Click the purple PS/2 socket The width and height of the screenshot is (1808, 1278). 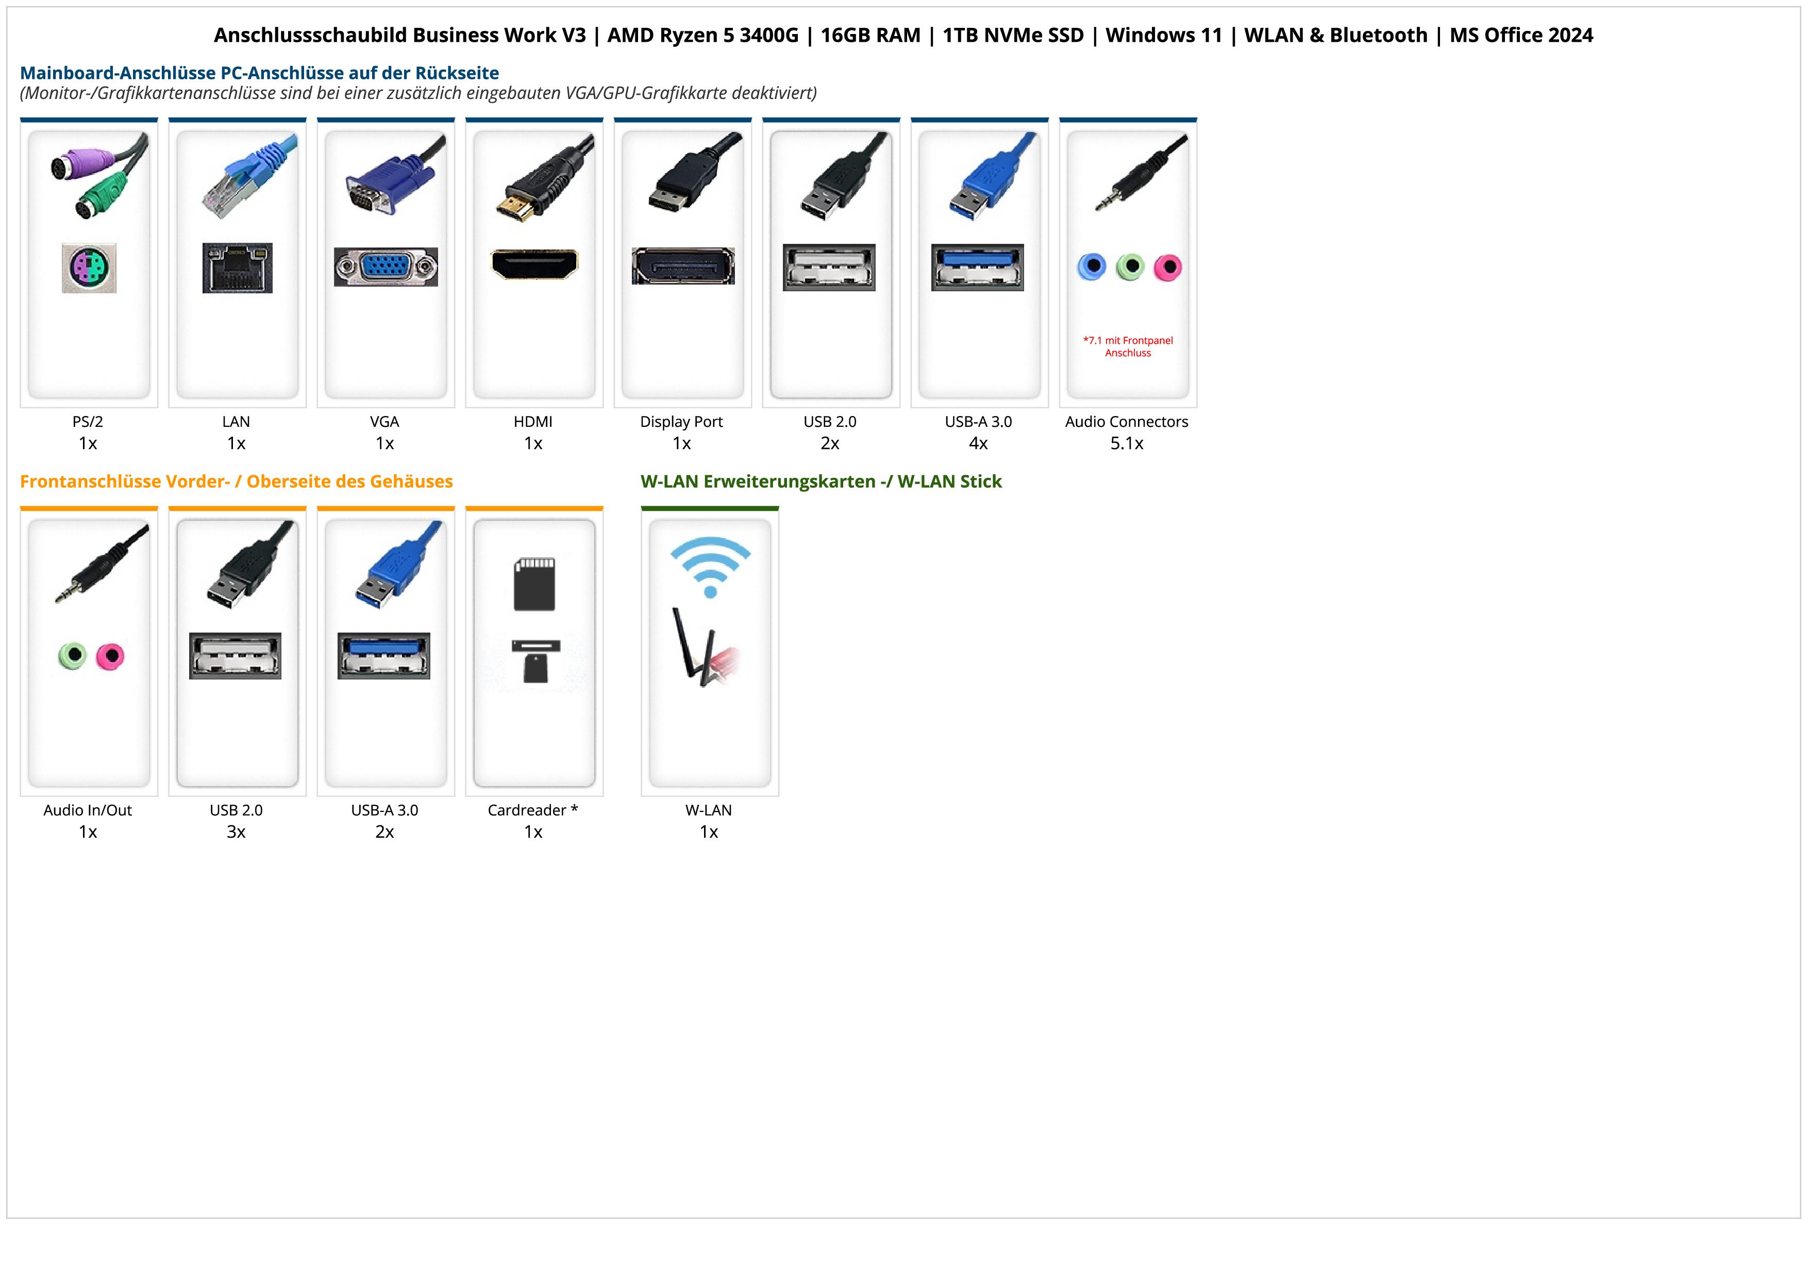click(89, 268)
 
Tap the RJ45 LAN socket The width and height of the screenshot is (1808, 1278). click(237, 268)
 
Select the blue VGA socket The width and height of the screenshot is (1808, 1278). click(386, 267)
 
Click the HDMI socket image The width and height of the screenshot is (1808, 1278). click(534, 264)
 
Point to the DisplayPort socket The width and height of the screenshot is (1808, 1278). click(683, 266)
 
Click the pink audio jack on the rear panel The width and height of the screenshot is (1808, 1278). click(1168, 268)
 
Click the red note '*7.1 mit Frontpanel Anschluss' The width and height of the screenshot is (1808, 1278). click(1128, 346)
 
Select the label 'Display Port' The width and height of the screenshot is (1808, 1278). click(681, 421)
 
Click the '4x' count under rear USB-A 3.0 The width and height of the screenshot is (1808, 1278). click(978, 443)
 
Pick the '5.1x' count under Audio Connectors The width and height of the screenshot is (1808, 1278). click(1127, 443)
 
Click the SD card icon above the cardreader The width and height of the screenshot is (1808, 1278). click(534, 584)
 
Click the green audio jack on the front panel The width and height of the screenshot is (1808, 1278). click(73, 655)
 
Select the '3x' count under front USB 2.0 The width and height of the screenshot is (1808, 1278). click(236, 832)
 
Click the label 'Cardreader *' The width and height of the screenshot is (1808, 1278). click(533, 809)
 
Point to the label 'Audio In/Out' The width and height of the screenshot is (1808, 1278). click(88, 809)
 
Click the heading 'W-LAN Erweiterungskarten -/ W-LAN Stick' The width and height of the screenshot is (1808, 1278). click(822, 481)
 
